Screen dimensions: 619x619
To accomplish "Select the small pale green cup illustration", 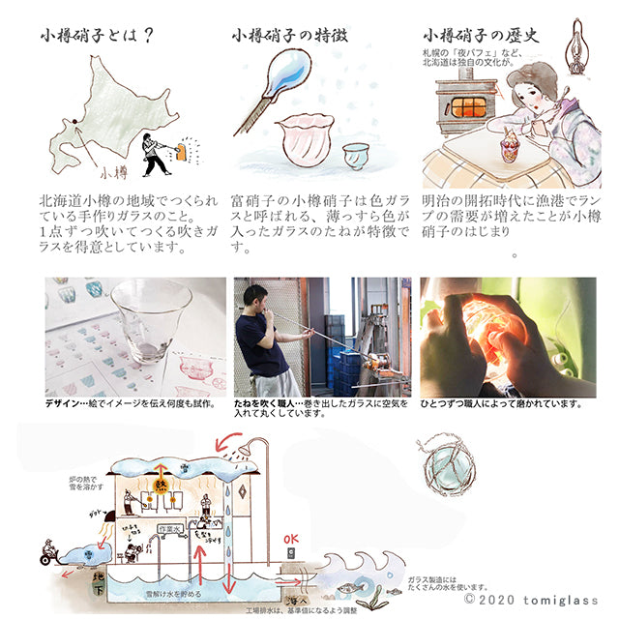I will click(x=358, y=155).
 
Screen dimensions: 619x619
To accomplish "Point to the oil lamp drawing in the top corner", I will click(x=580, y=39).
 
